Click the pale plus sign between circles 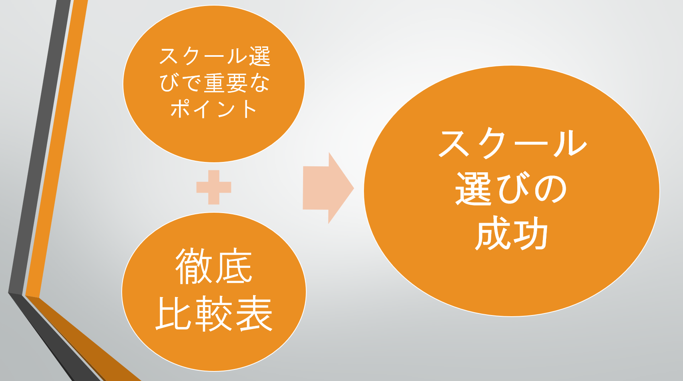click(x=214, y=188)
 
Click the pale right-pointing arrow click(x=328, y=188)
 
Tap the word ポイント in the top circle click(x=213, y=109)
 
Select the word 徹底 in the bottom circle click(x=214, y=266)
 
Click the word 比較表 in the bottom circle click(x=214, y=313)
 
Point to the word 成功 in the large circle click(x=512, y=233)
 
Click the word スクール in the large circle click(x=513, y=144)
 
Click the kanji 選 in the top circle click(x=260, y=56)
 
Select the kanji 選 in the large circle click(x=473, y=188)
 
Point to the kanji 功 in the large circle click(x=530, y=233)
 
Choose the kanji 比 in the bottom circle click(x=173, y=313)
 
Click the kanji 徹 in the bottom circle click(x=194, y=266)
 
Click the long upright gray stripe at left click(x=40, y=146)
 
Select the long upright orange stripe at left click(x=57, y=149)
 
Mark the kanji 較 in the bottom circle click(x=214, y=313)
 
